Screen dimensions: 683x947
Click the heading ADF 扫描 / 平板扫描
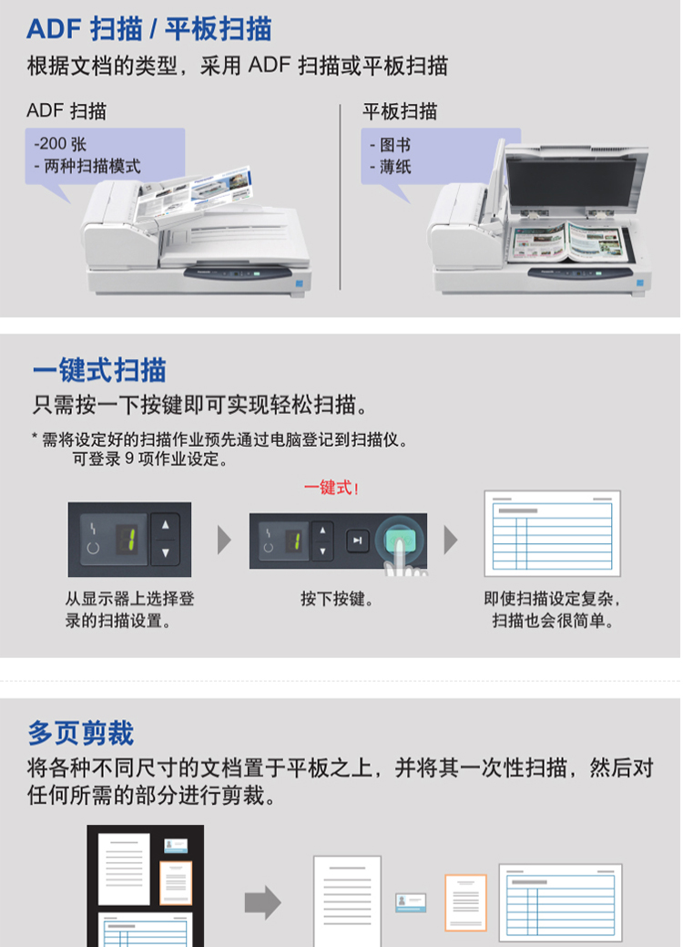tap(149, 29)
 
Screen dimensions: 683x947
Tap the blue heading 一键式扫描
tap(99, 370)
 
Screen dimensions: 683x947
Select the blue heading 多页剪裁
tap(81, 733)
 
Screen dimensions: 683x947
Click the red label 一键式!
tap(331, 488)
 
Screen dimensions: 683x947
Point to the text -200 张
tap(60, 144)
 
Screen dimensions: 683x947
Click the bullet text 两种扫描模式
tap(92, 166)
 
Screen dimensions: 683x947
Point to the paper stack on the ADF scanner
tap(192, 195)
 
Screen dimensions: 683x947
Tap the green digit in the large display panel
tap(127, 540)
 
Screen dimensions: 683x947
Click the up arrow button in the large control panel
tap(166, 525)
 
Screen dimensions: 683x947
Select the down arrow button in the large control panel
tap(166, 552)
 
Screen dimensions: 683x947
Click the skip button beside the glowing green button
tap(357, 540)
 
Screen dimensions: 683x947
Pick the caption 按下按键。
tap(337, 599)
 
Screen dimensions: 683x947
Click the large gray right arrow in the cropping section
tap(263, 902)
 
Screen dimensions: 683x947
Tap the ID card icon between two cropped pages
tap(411, 902)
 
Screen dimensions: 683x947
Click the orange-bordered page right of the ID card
tap(465, 902)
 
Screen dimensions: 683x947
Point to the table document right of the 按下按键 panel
tap(552, 533)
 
